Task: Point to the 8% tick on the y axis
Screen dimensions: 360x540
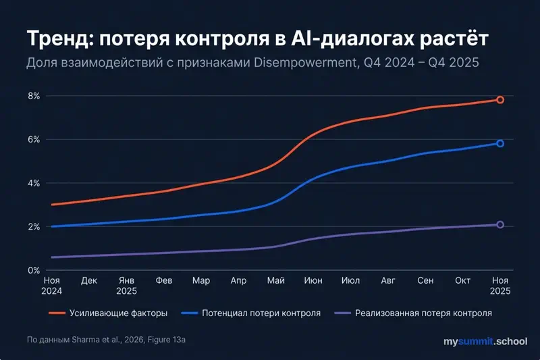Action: click(33, 96)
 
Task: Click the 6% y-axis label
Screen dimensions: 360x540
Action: click(33, 140)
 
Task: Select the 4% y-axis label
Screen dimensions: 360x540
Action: click(33, 183)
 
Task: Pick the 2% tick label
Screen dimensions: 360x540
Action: click(33, 226)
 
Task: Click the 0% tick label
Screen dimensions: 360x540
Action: click(33, 270)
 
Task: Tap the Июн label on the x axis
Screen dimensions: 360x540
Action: click(313, 280)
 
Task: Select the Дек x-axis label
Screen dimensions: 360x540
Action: click(89, 280)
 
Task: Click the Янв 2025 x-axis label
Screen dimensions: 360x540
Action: click(126, 286)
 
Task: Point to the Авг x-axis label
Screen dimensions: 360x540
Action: click(387, 280)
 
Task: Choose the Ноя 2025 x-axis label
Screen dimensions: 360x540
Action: click(500, 286)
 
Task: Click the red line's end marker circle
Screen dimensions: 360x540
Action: click(500, 100)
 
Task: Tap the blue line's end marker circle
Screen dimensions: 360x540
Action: click(500, 143)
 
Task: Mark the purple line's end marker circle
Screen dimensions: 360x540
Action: click(500, 224)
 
